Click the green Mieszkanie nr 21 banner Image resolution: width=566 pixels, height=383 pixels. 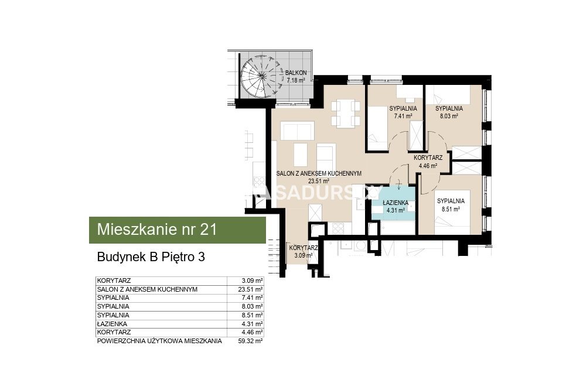[x=177, y=230]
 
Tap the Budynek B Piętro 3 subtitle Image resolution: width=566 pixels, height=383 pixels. [x=151, y=257]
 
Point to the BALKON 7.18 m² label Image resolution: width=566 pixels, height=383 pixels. [x=296, y=77]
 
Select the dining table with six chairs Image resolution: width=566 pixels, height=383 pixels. [x=346, y=114]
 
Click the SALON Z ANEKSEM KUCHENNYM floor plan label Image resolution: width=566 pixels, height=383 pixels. [x=319, y=177]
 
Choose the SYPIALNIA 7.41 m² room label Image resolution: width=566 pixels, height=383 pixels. [x=403, y=112]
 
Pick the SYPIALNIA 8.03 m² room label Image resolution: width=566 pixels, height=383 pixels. [x=449, y=112]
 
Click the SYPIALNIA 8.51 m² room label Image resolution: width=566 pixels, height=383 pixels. [x=451, y=205]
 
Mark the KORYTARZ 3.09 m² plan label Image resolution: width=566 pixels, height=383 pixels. [x=304, y=252]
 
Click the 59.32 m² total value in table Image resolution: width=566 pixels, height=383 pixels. [x=253, y=341]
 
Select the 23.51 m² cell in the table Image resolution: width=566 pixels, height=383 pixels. [x=253, y=289]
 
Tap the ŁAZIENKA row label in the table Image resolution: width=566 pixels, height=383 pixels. [x=112, y=324]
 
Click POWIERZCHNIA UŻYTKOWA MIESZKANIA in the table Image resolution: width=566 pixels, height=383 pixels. [x=159, y=341]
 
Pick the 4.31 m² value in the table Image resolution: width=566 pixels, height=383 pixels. [x=254, y=324]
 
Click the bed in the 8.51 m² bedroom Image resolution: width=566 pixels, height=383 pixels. [x=452, y=212]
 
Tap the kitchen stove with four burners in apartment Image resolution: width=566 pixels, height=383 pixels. [x=338, y=228]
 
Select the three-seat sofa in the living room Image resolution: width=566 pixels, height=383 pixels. [x=297, y=131]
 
